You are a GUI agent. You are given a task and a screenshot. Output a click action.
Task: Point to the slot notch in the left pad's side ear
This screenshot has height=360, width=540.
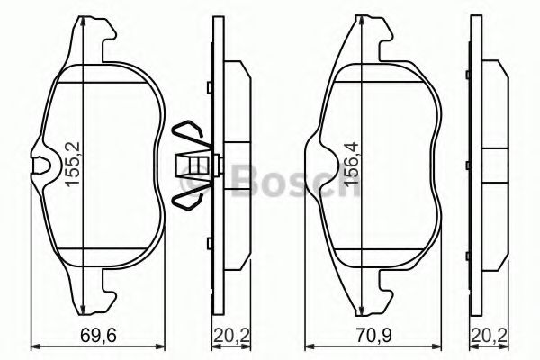pyautogui.click(x=41, y=165)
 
